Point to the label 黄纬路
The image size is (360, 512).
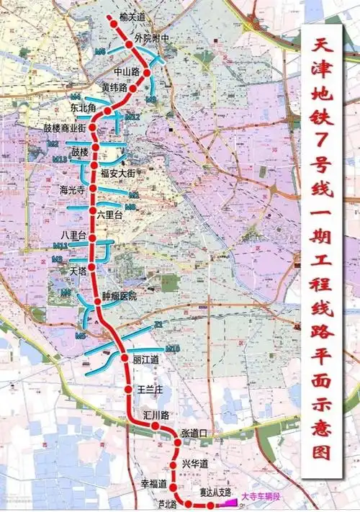tap(114, 88)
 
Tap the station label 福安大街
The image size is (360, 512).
tap(118, 172)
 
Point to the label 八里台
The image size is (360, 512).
tap(74, 235)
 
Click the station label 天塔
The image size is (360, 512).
tap(77, 270)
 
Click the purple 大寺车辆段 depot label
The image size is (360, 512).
tap(261, 496)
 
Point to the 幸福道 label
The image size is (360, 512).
tap(154, 483)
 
